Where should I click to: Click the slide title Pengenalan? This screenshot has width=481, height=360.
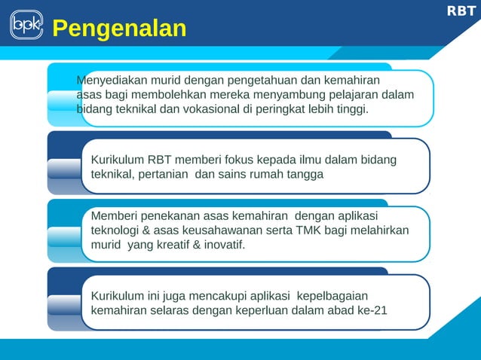pos(119,29)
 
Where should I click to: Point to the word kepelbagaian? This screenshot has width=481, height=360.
pos(332,294)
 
